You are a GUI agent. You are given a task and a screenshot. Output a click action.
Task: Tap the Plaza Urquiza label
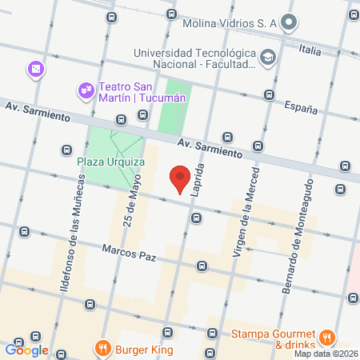(x=110, y=162)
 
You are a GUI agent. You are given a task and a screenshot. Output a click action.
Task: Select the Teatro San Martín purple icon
(x=85, y=89)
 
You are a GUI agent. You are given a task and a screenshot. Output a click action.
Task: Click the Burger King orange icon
(x=102, y=348)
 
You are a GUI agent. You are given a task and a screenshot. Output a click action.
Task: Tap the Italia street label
(x=310, y=50)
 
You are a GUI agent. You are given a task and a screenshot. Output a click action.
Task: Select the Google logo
(x=27, y=350)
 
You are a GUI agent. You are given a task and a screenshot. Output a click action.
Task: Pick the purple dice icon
(x=35, y=70)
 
